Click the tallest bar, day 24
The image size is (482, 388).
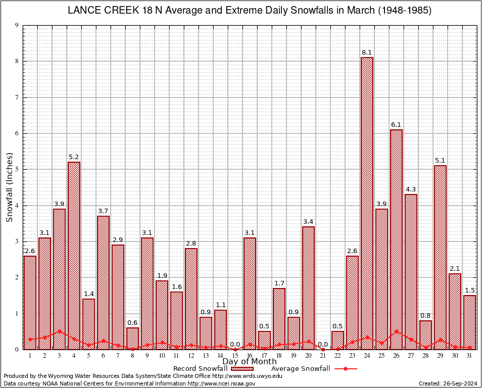point(367,202)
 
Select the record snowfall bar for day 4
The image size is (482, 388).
point(74,255)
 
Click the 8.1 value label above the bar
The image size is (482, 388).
point(367,53)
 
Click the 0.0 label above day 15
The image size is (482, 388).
point(235,345)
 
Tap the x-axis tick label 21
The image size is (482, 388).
point(323,356)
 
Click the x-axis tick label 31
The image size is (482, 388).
point(469,356)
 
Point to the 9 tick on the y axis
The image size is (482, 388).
point(17,25)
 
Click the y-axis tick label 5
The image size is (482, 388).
point(17,170)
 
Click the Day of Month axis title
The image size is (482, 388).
point(249,362)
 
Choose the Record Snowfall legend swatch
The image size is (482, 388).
point(243,369)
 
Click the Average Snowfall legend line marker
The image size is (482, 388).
point(346,369)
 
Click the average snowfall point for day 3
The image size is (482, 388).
point(59,331)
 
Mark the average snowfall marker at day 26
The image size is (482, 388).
point(396,331)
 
